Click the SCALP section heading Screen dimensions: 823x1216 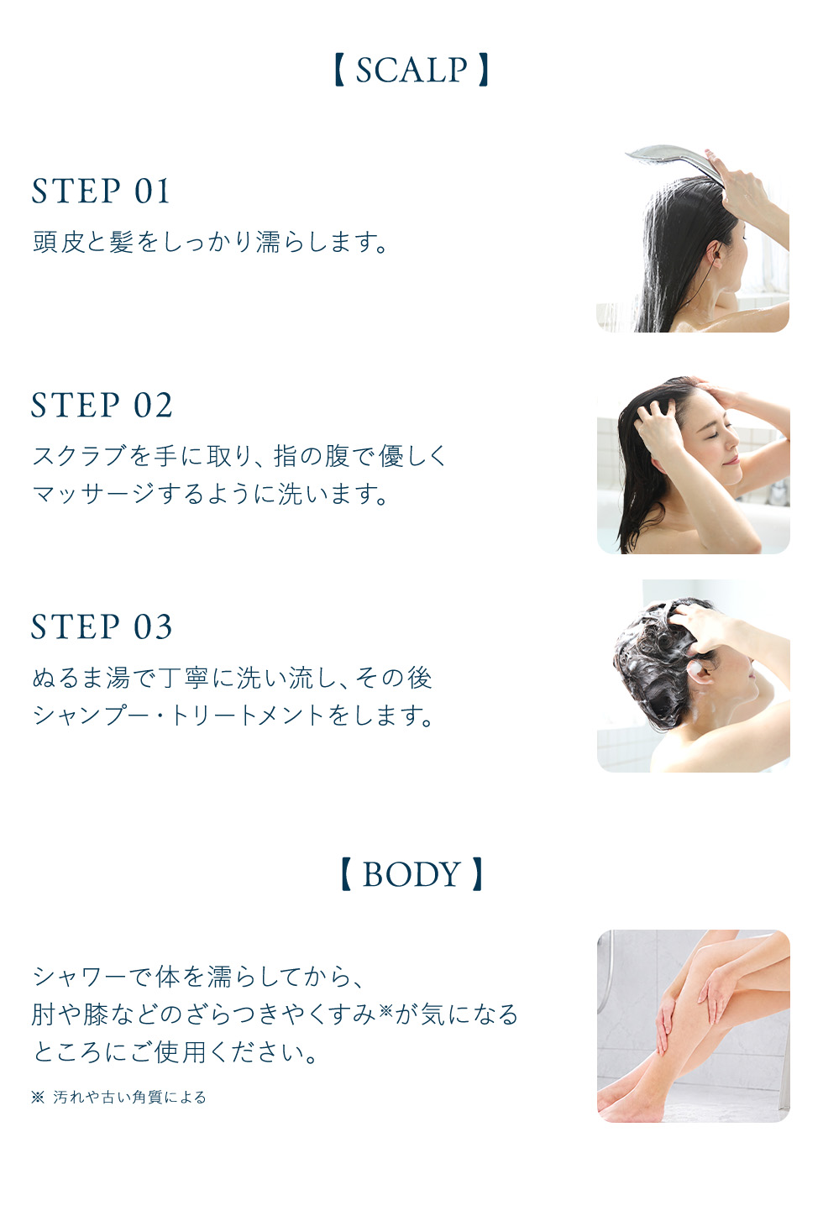[411, 70]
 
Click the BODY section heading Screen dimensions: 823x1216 [411, 874]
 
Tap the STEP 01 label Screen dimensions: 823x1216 [101, 191]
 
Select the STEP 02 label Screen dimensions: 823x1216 [102, 405]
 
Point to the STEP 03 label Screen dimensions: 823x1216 [102, 626]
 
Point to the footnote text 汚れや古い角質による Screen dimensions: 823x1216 [129, 1097]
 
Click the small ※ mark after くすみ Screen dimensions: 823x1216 [385, 1010]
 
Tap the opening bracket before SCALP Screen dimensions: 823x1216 [338, 70]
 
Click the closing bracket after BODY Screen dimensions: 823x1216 [477, 874]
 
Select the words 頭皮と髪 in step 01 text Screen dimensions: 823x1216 [83, 242]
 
